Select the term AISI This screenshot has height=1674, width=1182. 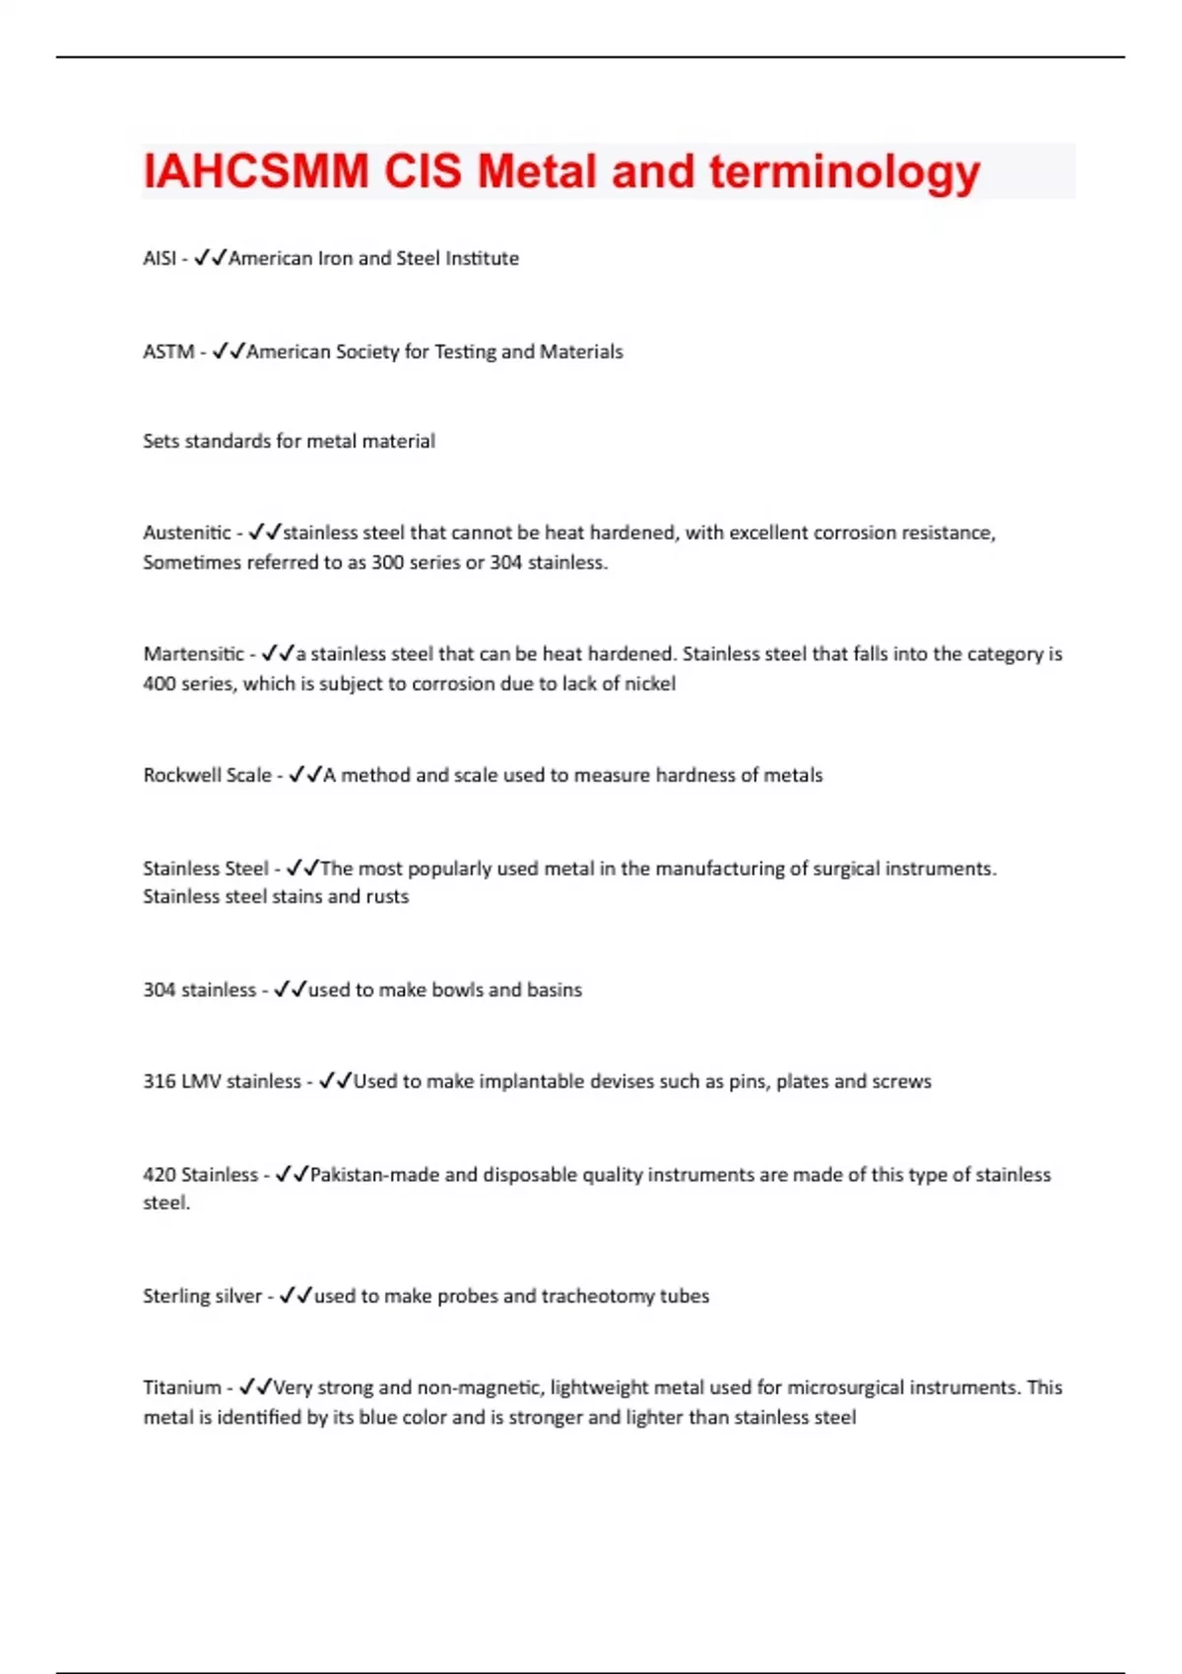160,258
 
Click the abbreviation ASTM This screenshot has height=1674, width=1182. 168,352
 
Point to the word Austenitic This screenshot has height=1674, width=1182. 187,533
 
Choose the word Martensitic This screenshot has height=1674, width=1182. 194,654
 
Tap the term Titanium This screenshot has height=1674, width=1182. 182,1387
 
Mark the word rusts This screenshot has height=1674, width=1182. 387,897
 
